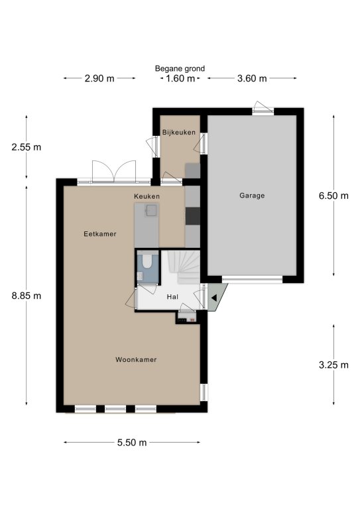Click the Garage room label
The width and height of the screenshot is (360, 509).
(252, 196)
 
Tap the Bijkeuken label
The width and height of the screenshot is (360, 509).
(179, 132)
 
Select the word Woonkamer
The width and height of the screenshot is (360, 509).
(136, 359)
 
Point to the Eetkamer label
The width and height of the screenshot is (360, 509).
(100, 234)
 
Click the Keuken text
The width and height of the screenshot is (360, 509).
(147, 196)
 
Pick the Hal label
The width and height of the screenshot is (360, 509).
(172, 297)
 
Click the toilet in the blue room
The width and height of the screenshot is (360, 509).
(147, 261)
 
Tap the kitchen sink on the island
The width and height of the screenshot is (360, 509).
(152, 210)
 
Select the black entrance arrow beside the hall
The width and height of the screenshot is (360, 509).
(213, 298)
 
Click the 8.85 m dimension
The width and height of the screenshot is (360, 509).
(27, 296)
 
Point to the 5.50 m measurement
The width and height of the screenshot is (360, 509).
(132, 443)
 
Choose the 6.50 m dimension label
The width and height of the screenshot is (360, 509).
(333, 196)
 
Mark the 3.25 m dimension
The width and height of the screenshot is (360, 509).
(333, 365)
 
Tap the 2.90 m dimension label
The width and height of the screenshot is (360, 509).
(99, 78)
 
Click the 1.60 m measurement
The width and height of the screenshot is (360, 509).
(180, 78)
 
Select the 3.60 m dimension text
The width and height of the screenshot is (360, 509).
(252, 78)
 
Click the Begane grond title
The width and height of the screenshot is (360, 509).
(180, 68)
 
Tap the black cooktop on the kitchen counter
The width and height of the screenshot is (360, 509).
(192, 216)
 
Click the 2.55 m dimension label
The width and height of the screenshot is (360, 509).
(27, 147)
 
